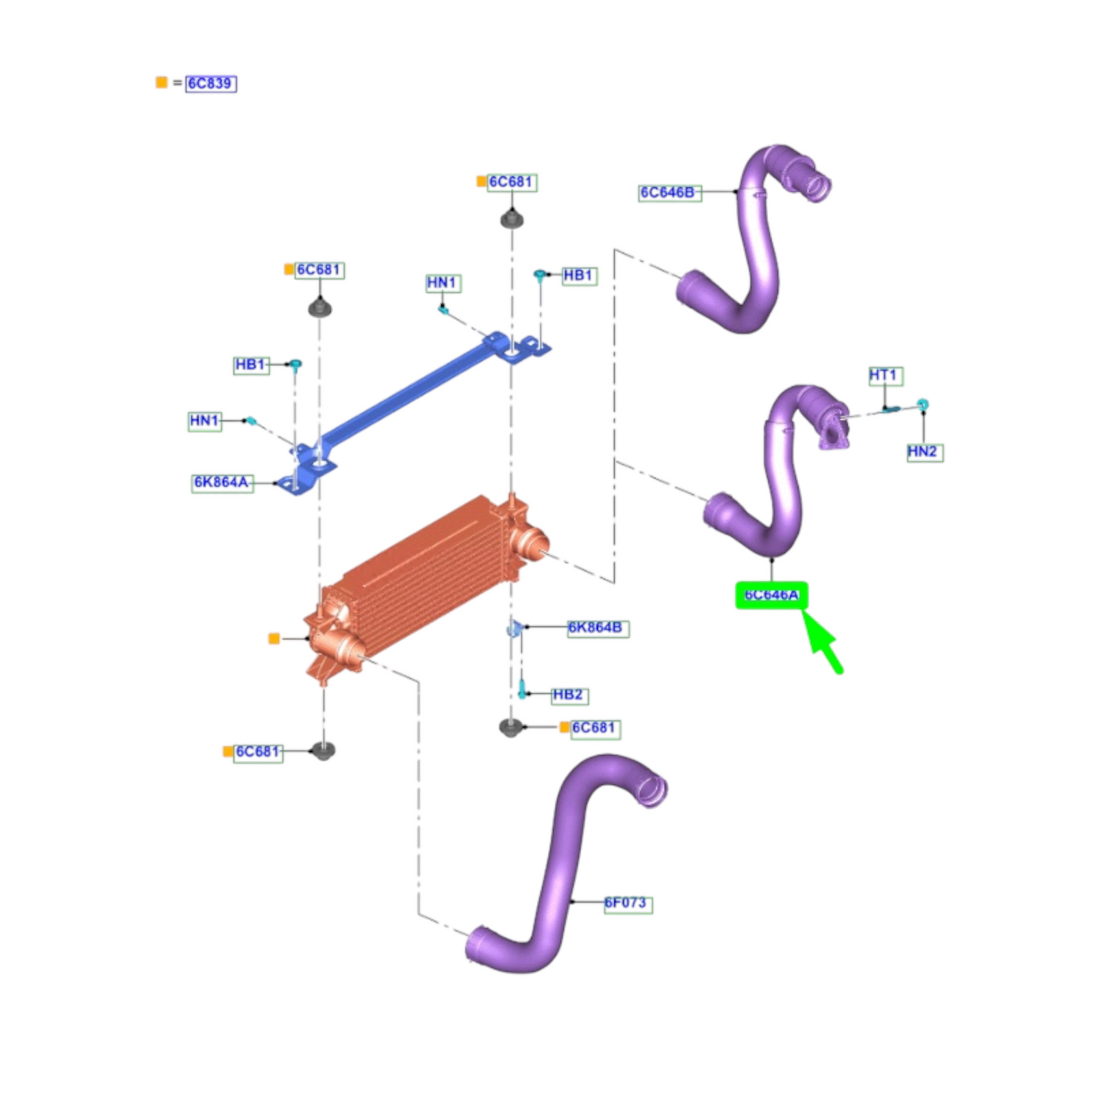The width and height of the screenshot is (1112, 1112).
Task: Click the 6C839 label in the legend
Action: click(211, 84)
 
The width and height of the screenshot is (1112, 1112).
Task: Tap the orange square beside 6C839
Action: click(162, 82)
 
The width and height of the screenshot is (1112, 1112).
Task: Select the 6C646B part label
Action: click(670, 192)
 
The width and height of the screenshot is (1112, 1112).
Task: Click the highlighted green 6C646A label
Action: click(772, 595)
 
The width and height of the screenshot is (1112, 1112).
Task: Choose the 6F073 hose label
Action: click(628, 903)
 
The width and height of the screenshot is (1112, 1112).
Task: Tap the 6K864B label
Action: click(598, 628)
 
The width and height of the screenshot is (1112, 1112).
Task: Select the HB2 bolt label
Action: click(569, 696)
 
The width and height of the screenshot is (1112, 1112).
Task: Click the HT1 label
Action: click(885, 376)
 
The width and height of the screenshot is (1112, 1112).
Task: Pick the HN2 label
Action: click(924, 452)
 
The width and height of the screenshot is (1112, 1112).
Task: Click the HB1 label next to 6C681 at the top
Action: click(579, 275)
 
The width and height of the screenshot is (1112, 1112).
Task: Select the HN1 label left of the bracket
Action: click(205, 421)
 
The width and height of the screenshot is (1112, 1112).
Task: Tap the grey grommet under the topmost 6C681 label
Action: click(511, 219)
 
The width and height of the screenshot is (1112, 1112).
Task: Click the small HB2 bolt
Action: click(522, 689)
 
